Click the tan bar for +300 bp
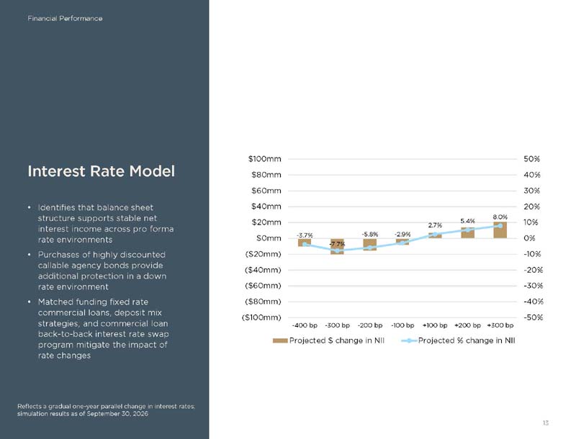tap(500, 230)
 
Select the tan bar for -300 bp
tap(337, 246)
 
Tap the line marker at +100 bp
tap(435, 234)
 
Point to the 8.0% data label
tap(500, 217)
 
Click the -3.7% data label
tap(305, 235)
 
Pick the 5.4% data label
tap(467, 221)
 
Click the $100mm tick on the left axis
tap(264, 159)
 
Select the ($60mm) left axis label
tap(263, 286)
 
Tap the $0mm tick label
tap(269, 238)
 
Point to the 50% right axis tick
tap(531, 159)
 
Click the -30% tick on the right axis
tap(533, 286)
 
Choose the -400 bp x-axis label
tap(305, 325)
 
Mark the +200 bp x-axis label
tap(467, 325)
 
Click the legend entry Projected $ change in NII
tap(328, 340)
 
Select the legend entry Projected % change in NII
tap(458, 340)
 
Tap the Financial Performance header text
tap(65, 19)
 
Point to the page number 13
tap(546, 423)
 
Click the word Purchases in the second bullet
tap(58, 255)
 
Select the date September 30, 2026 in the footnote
tap(117, 414)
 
